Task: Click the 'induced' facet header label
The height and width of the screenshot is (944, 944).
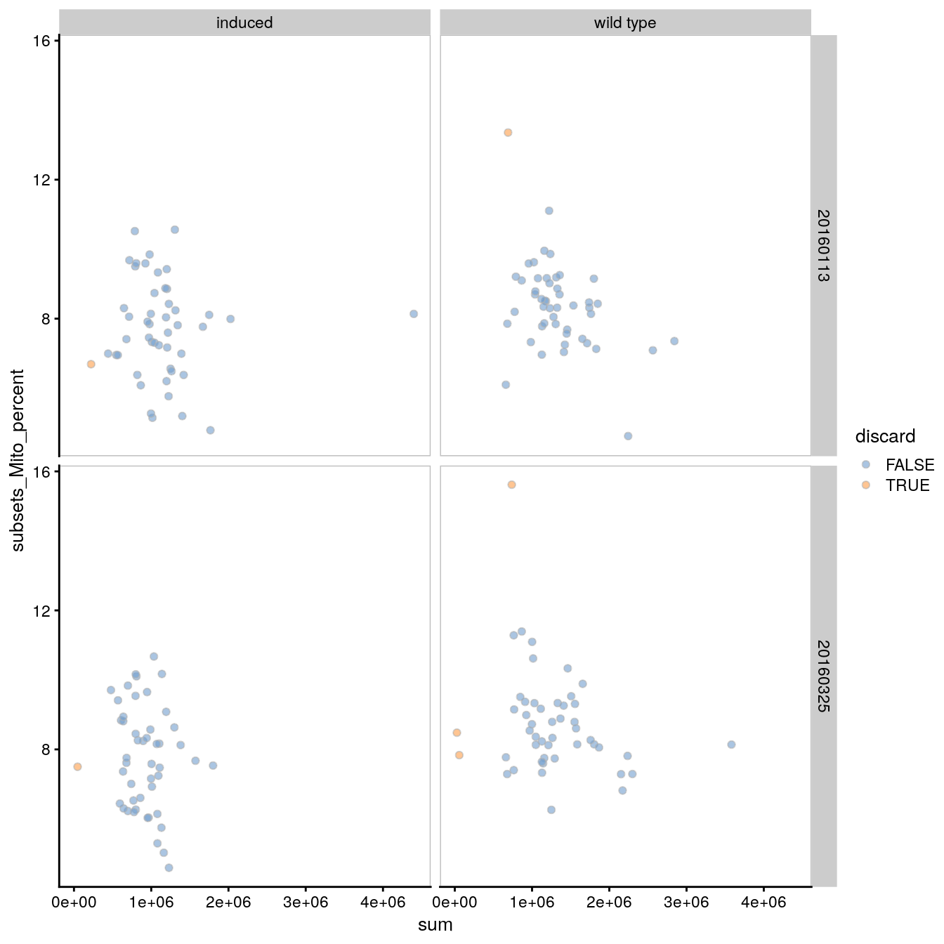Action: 244,22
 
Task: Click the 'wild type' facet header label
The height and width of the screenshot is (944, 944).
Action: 625,22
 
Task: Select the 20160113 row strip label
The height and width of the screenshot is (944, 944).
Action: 823,245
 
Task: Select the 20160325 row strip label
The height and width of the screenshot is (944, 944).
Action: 823,676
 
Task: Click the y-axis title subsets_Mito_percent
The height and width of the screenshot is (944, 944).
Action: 18,460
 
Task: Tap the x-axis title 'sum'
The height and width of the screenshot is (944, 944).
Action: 435,925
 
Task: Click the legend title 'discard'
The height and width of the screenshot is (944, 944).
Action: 885,436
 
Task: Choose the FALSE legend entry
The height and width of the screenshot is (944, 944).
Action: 910,465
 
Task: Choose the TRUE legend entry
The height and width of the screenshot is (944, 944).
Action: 907,485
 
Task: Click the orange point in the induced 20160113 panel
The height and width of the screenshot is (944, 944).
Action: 91,364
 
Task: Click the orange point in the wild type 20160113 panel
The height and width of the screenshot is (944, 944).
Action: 508,132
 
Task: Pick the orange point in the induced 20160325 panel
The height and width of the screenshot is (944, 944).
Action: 77,766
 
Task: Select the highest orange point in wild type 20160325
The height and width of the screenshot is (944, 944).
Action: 511,485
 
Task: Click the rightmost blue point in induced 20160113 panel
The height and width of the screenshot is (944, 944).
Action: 414,314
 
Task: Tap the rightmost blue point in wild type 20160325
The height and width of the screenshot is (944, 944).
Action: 731,745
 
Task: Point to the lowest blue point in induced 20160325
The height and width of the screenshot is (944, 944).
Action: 169,867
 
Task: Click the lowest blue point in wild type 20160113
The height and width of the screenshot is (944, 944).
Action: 628,436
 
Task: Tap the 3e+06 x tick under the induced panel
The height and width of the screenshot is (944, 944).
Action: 306,902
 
